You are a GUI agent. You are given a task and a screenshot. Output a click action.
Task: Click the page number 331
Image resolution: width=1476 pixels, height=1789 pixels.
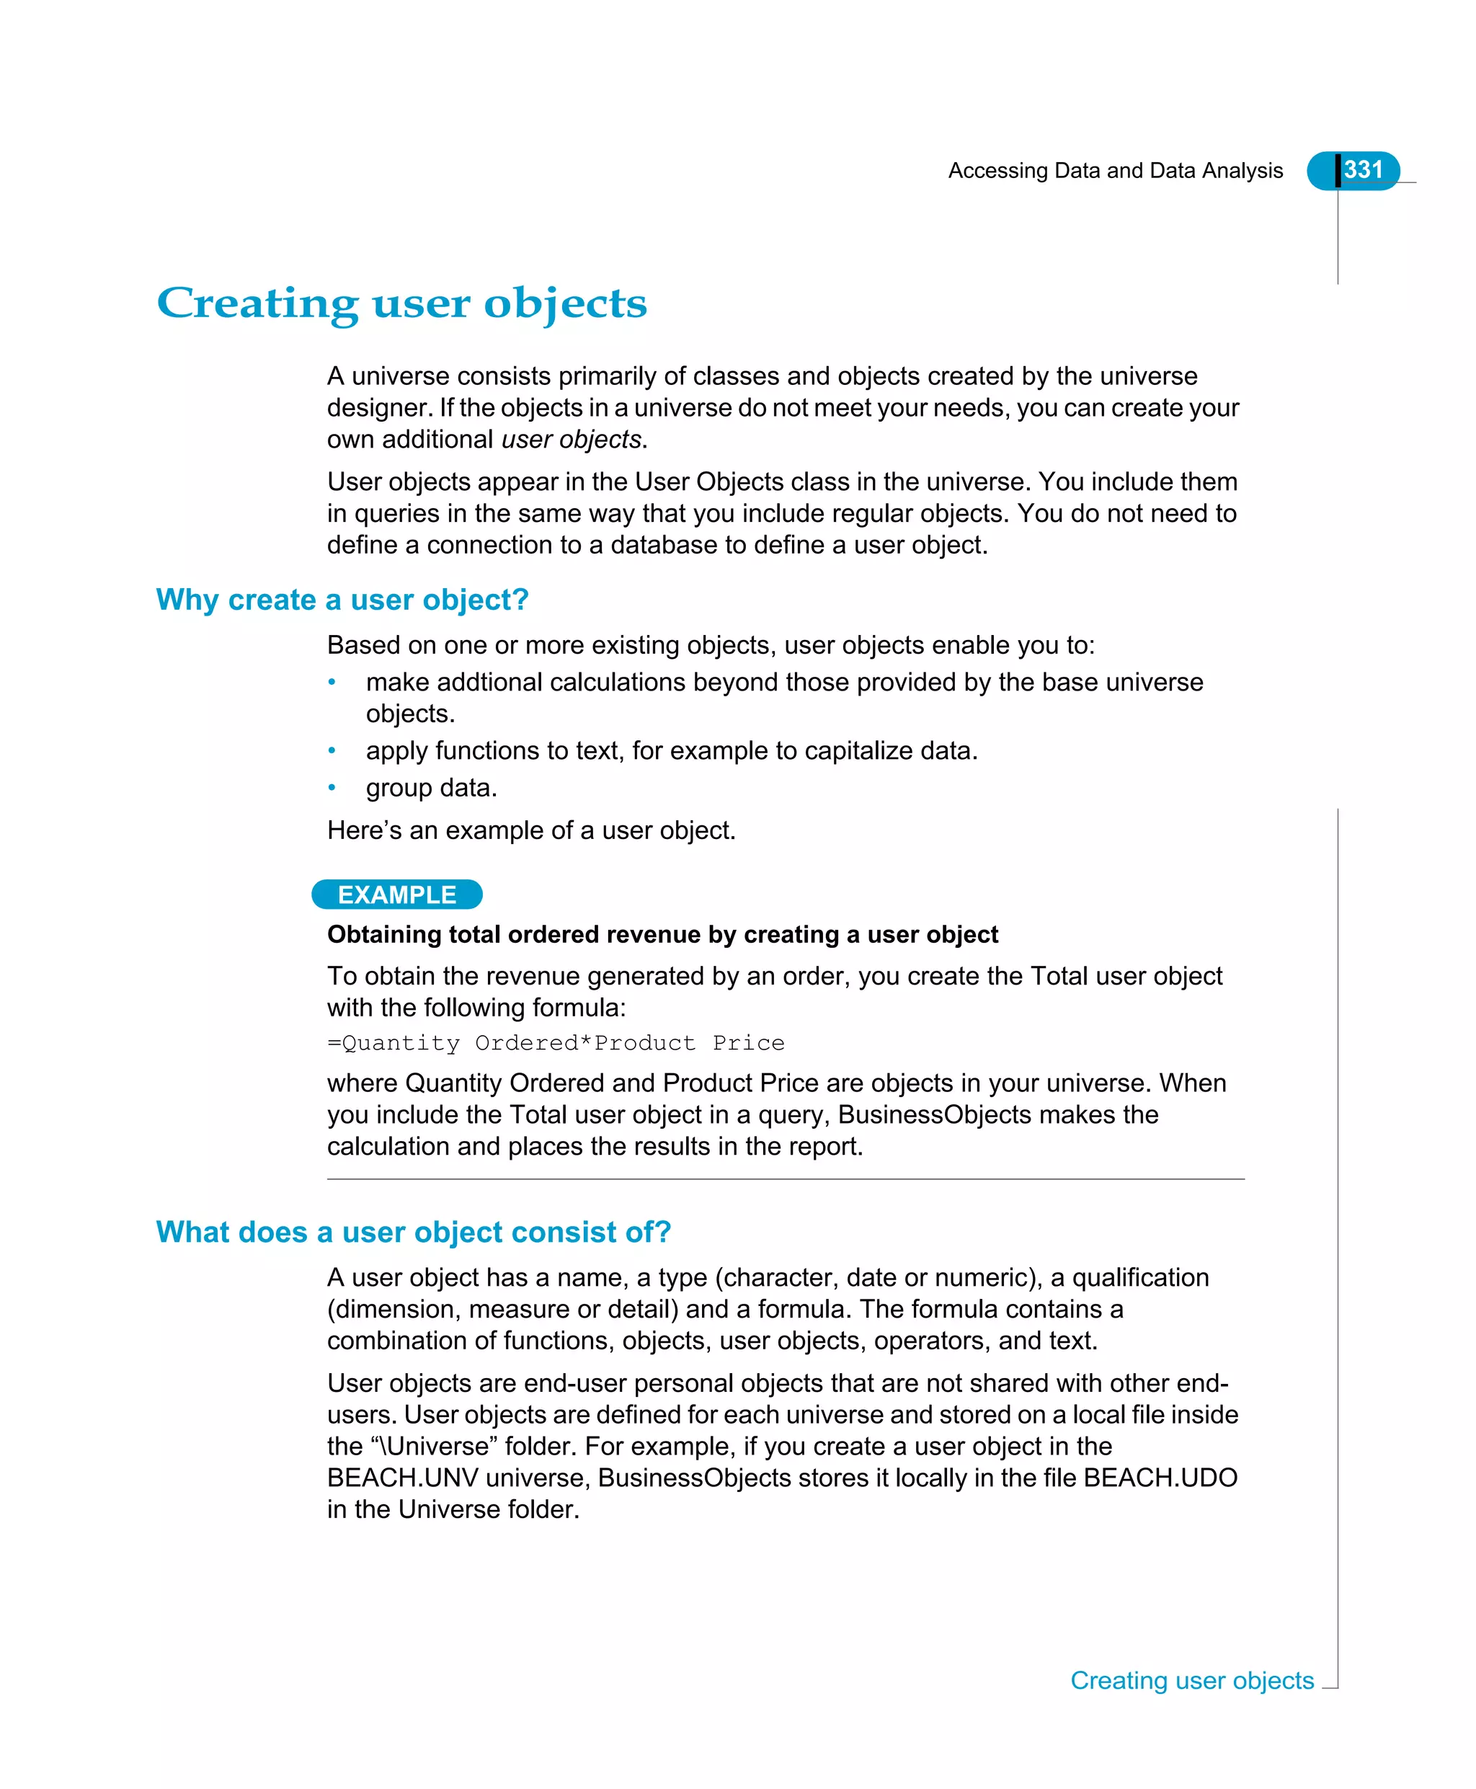(x=1362, y=170)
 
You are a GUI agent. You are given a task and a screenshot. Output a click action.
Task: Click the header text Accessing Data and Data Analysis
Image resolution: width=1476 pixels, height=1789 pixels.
(x=1115, y=171)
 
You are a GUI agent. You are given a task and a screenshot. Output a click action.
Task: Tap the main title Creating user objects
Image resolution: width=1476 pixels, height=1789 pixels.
(x=401, y=303)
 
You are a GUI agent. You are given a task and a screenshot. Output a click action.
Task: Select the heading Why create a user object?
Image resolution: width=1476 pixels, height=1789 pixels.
(x=342, y=600)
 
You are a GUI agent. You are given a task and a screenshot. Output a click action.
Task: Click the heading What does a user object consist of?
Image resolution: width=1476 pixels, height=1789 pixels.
(x=413, y=1232)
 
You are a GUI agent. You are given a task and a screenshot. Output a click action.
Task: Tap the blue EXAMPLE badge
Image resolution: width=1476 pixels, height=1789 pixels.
(x=396, y=894)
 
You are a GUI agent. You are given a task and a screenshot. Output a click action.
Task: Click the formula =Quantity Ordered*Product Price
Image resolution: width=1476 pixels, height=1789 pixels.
(x=555, y=1043)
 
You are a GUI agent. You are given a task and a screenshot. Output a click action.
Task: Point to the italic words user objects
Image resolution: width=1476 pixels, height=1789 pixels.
(x=572, y=440)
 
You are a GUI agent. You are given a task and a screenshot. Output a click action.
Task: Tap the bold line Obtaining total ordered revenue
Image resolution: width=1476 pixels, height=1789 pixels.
(x=662, y=934)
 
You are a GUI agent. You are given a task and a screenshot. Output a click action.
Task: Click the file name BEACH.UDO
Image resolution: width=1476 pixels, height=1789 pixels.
(x=1160, y=1478)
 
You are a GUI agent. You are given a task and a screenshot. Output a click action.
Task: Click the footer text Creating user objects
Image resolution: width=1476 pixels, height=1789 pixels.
(x=1191, y=1680)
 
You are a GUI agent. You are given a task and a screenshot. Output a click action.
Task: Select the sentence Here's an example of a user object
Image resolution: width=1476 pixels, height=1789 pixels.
(x=530, y=831)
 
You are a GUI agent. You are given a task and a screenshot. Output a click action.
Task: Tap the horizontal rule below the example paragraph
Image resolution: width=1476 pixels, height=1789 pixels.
(x=785, y=1179)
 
